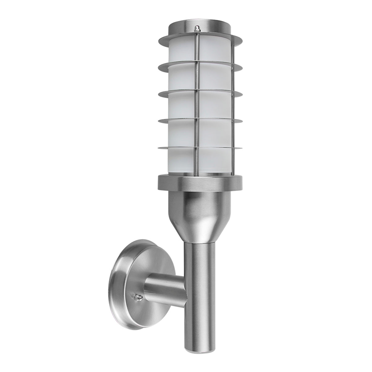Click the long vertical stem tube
point(199,279)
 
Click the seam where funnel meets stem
point(199,240)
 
